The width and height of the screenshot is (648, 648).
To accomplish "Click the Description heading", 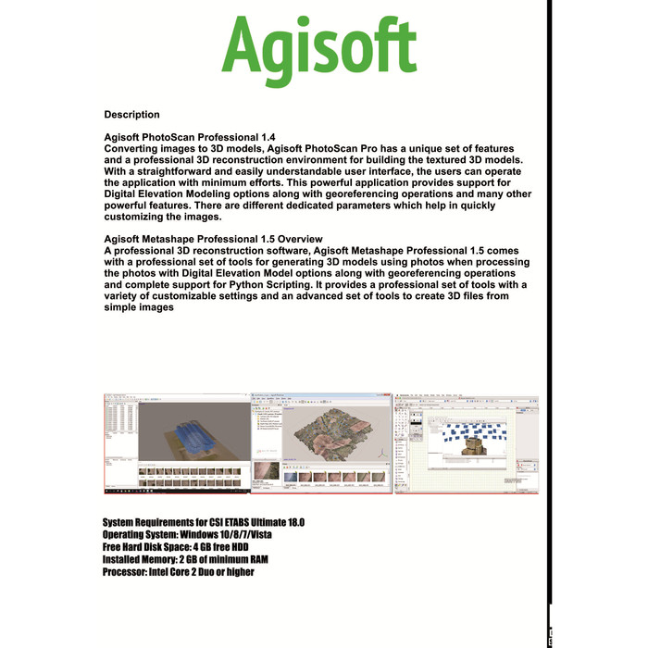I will (131, 115).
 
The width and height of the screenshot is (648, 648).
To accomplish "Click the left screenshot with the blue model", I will (177, 442).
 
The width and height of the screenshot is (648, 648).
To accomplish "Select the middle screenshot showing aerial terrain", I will (322, 442).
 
